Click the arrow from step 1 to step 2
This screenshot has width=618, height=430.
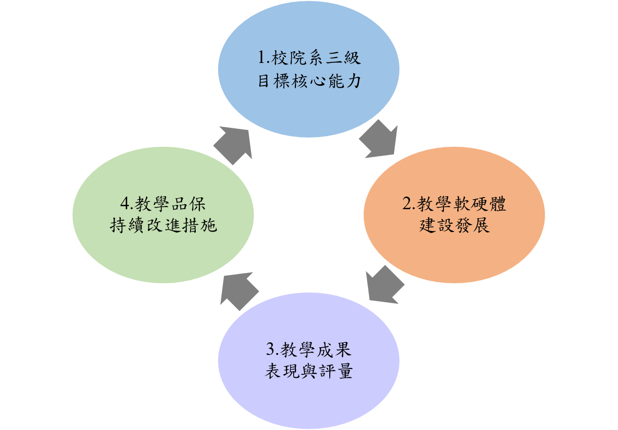[379, 141]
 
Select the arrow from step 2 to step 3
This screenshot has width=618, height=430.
[384, 286]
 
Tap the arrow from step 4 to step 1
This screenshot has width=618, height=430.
[233, 145]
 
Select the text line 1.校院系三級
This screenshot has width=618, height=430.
[309, 59]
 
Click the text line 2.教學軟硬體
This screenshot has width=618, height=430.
[454, 204]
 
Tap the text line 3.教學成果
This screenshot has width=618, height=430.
[309, 349]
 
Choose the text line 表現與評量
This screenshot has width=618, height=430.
[309, 372]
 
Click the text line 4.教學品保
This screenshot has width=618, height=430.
[163, 204]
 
